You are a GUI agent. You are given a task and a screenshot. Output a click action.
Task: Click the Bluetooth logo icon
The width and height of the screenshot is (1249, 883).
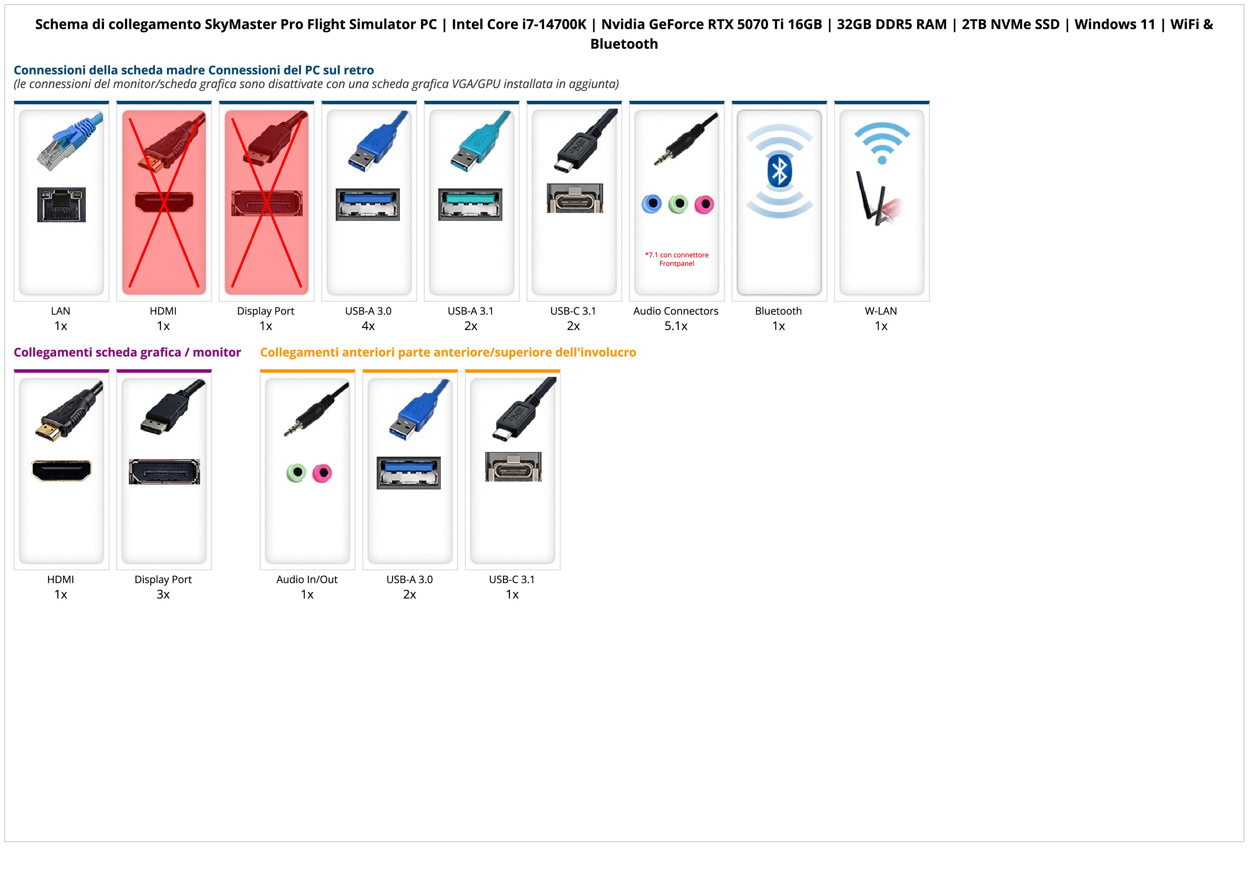pyautogui.click(x=779, y=170)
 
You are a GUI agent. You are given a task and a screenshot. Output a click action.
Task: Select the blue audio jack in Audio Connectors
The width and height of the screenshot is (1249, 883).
pyautogui.click(x=651, y=204)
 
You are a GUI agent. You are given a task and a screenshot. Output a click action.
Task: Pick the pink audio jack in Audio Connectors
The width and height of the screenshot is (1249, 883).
pyautogui.click(x=704, y=204)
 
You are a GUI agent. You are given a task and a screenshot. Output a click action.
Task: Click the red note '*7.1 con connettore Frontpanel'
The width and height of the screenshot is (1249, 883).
pyautogui.click(x=676, y=259)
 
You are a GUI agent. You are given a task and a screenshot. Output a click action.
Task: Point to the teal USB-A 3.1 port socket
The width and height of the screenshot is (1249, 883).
pyautogui.click(x=470, y=204)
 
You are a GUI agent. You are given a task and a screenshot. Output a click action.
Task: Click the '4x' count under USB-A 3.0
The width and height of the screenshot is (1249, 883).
pyautogui.click(x=368, y=326)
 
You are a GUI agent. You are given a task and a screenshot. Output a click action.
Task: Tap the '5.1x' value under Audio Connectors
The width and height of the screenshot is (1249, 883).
pyautogui.click(x=676, y=326)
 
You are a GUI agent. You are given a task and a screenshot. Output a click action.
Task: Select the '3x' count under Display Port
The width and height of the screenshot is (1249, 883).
pyautogui.click(x=163, y=594)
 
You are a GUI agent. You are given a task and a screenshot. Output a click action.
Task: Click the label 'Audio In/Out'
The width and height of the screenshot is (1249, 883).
pyautogui.click(x=307, y=580)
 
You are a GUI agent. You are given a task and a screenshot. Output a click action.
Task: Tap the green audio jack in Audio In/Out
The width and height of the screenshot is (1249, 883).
pyautogui.click(x=296, y=472)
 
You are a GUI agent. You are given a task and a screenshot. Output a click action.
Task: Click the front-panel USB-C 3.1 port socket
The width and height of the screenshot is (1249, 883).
pyautogui.click(x=513, y=467)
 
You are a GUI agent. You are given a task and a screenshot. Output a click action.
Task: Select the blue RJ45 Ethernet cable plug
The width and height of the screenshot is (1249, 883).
pyautogui.click(x=68, y=141)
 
